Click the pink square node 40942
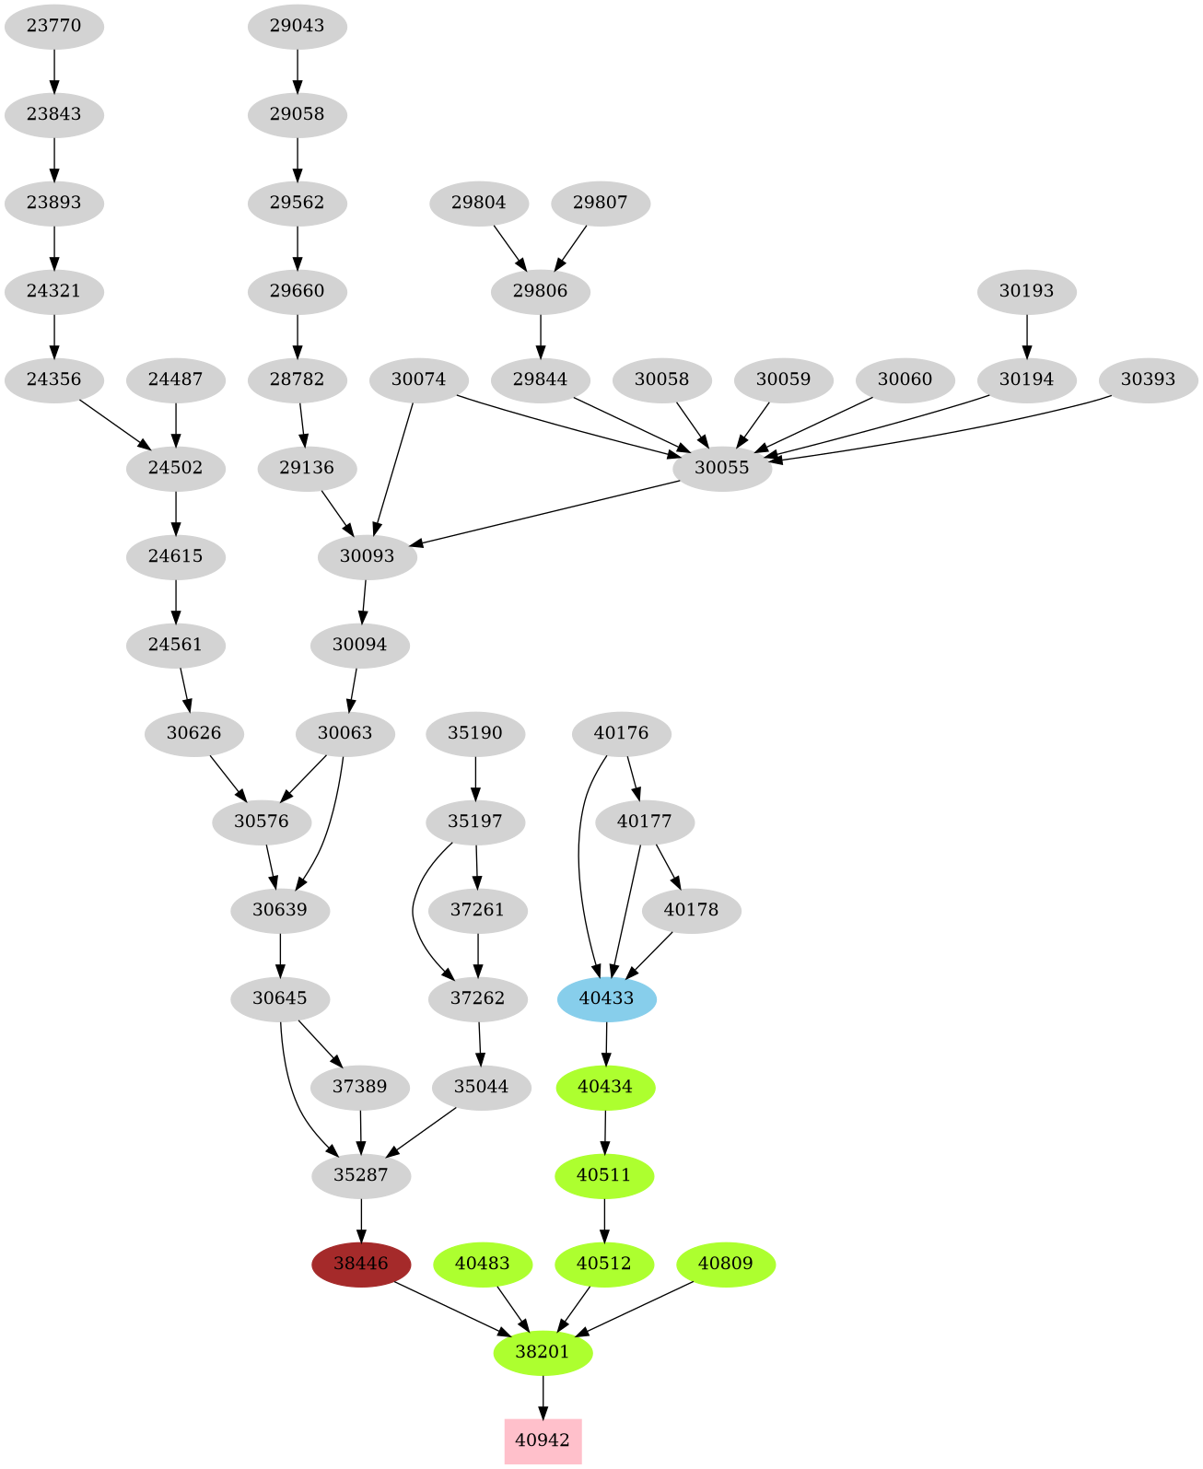click(x=543, y=1440)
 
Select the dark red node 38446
click(x=361, y=1264)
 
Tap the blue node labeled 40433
click(x=607, y=998)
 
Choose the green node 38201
click(x=543, y=1352)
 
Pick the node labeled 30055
click(x=722, y=468)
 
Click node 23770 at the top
click(x=54, y=26)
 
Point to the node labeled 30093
click(x=367, y=556)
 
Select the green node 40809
click(x=726, y=1264)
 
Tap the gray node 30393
click(x=1148, y=379)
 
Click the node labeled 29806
click(x=540, y=291)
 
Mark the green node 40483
click(x=483, y=1264)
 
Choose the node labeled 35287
click(x=361, y=1175)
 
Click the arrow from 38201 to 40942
click(x=543, y=1396)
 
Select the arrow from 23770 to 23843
click(x=54, y=70)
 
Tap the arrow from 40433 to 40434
click(x=606, y=1043)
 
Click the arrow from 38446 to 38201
click(x=451, y=1308)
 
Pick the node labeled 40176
click(x=622, y=733)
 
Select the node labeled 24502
click(x=176, y=468)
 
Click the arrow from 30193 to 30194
click(x=1026, y=335)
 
